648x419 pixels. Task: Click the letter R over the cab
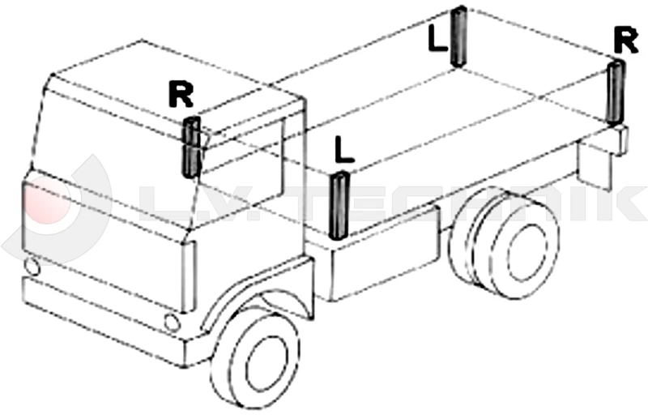tap(181, 95)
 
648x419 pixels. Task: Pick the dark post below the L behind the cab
tap(339, 205)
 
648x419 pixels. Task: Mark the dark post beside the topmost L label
tap(459, 37)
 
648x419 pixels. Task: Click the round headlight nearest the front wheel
tap(172, 322)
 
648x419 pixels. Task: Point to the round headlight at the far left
tap(32, 265)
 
